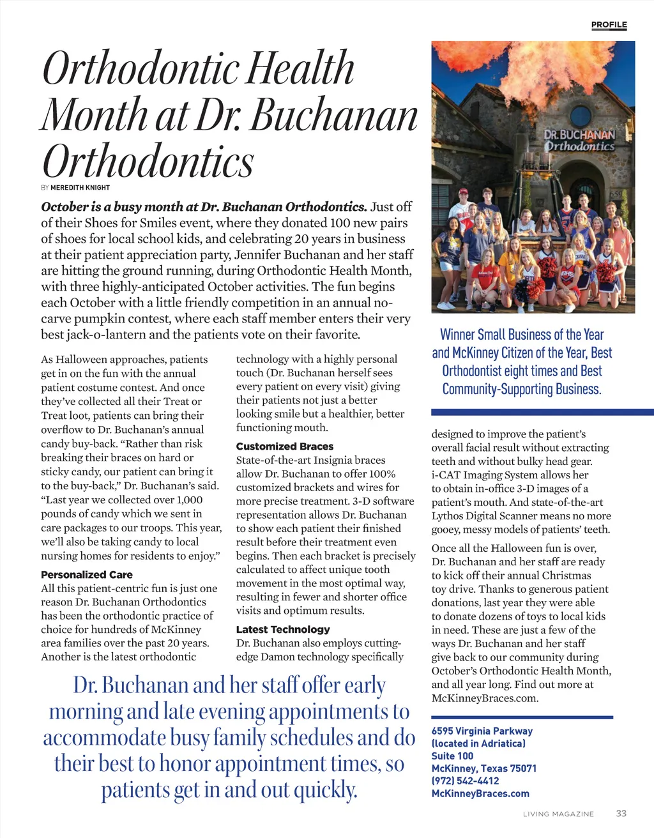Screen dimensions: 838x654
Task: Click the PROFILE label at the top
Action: pos(609,24)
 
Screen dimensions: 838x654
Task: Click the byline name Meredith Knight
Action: pos(80,188)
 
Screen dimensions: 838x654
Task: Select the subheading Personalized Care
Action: pos(87,574)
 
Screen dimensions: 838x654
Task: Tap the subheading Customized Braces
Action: pos(285,446)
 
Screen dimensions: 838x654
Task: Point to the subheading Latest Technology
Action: pos(283,629)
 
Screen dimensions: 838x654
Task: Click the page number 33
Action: pos(621,813)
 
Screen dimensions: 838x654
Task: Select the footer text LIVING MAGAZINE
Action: pos(558,814)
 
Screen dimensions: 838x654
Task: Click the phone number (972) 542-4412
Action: pos(465,781)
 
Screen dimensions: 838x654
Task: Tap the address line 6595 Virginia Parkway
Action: pos(482,731)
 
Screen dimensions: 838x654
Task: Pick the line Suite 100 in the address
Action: pos(452,756)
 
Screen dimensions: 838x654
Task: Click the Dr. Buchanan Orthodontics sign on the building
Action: pos(579,141)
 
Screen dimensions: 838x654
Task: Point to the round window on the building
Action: pos(580,116)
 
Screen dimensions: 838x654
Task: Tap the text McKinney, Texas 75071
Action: pos(483,768)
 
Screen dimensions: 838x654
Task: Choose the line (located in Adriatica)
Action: pos(478,743)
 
